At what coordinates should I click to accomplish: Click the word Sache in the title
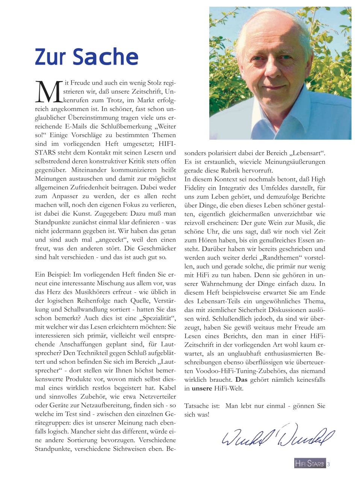(106, 57)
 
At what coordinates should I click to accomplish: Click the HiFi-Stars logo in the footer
(309, 464)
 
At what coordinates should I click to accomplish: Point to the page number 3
(328, 464)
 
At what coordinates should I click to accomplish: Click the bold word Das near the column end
(241, 380)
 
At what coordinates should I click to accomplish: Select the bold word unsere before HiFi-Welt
(202, 388)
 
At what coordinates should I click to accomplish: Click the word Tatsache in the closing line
(197, 405)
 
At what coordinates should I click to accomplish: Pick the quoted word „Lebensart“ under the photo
(307, 153)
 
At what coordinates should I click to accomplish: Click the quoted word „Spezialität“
(158, 318)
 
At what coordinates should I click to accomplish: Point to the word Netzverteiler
(157, 396)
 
